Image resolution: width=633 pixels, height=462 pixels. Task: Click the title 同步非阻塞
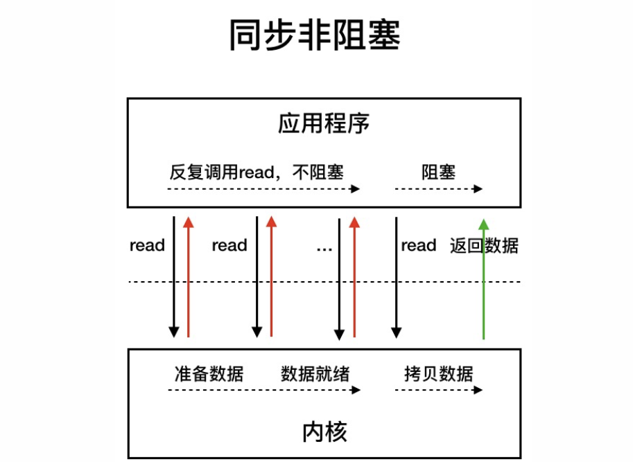click(x=315, y=35)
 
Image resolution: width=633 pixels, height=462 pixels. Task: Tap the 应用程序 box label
click(x=324, y=124)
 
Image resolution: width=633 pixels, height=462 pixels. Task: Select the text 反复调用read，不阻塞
click(x=257, y=172)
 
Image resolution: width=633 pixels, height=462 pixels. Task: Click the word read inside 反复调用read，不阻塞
click(x=257, y=172)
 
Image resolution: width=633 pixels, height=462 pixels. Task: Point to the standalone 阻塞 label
click(x=438, y=172)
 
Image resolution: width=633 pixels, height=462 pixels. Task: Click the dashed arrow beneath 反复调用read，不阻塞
click(x=263, y=188)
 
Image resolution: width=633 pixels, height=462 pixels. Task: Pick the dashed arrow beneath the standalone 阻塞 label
click(x=438, y=188)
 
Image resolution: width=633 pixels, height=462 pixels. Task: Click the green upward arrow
click(x=483, y=277)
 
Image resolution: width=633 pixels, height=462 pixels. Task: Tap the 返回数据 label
click(x=484, y=246)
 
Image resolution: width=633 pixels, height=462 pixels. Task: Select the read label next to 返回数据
click(x=418, y=246)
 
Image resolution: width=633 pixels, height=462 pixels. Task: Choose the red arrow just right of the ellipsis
click(x=354, y=277)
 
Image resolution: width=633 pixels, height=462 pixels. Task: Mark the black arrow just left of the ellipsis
click(x=339, y=277)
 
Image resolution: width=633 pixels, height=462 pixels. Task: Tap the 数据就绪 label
click(x=315, y=374)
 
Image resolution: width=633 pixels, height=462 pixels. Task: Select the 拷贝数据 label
click(x=438, y=374)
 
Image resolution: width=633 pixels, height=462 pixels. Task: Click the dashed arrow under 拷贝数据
click(x=438, y=390)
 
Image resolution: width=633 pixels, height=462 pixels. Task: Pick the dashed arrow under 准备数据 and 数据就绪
click(x=263, y=390)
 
